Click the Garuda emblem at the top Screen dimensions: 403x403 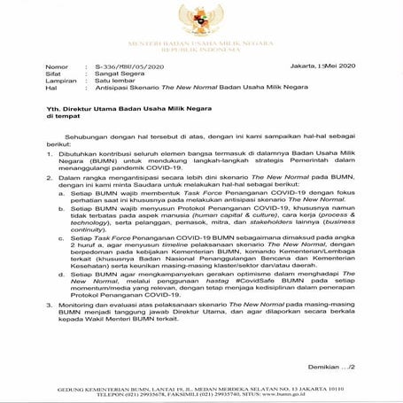201,19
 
